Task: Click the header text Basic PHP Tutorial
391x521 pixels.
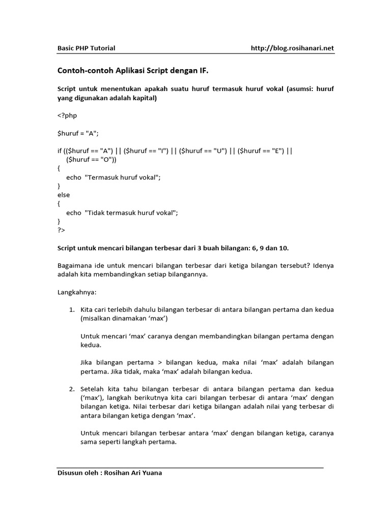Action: click(x=86, y=48)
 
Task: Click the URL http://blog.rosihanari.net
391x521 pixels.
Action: click(x=292, y=48)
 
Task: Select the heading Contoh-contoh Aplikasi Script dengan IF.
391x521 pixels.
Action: click(x=132, y=71)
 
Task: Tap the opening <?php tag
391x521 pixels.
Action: click(x=67, y=115)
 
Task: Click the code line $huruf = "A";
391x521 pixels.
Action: click(x=77, y=133)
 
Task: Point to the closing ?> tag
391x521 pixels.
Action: click(x=61, y=230)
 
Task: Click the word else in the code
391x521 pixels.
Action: click(x=64, y=195)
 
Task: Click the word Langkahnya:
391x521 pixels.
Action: click(x=76, y=293)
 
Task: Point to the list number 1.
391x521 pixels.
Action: click(x=72, y=309)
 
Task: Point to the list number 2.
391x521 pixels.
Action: click(x=72, y=389)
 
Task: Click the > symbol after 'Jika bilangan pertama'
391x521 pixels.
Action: click(x=159, y=363)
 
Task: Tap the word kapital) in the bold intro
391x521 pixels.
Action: click(x=145, y=98)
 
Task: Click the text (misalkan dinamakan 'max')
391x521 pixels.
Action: click(x=124, y=319)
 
